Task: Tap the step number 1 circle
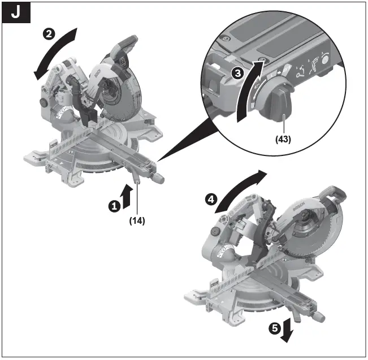[x=115, y=206]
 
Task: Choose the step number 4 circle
[x=211, y=199]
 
